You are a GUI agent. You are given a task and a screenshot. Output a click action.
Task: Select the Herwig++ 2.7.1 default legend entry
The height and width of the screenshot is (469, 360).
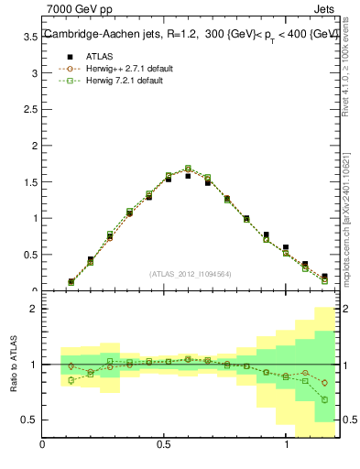tap(129, 69)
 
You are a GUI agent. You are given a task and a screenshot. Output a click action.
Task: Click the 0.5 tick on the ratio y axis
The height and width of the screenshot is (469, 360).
tap(29, 420)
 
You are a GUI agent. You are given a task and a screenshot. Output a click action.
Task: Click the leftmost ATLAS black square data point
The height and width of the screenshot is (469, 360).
tap(71, 282)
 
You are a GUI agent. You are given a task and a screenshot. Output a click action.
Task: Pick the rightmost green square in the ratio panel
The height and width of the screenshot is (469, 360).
tap(324, 399)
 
